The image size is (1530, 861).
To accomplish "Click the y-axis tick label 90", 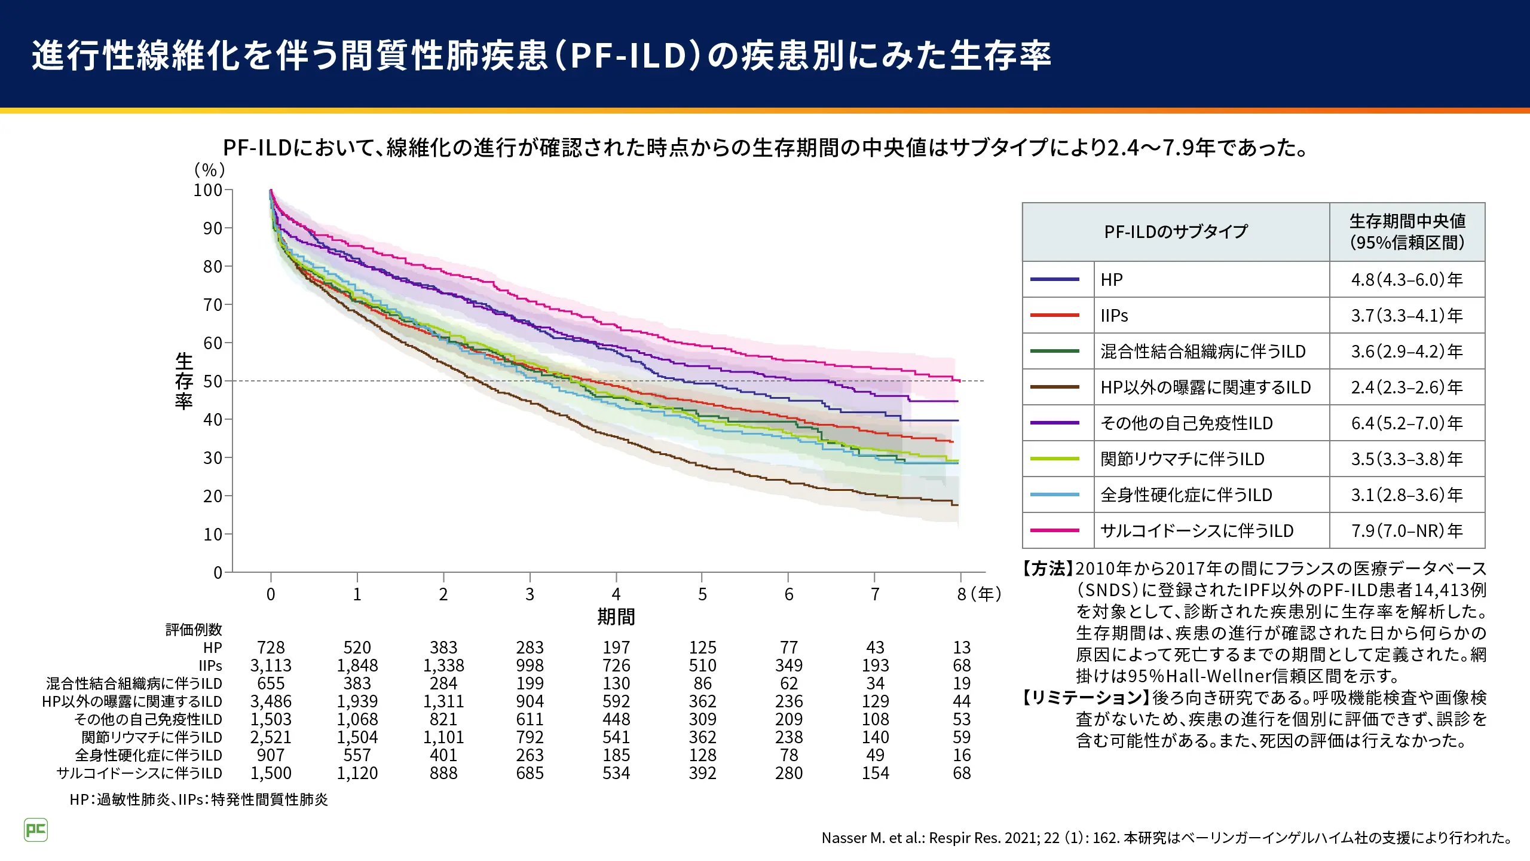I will click(212, 228).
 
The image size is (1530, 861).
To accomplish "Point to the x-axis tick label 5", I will click(702, 594).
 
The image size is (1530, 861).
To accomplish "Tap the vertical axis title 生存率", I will click(184, 380).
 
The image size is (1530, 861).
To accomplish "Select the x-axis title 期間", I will click(616, 616).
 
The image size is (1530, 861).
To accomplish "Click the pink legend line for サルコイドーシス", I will click(1055, 530).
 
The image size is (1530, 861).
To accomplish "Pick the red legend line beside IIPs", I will click(1055, 315).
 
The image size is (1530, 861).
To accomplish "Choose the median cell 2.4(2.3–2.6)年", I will click(1407, 387).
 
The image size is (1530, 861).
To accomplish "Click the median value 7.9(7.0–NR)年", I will click(1407, 531).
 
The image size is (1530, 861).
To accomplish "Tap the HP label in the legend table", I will click(1112, 280).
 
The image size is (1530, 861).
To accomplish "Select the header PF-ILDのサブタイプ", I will click(1176, 232).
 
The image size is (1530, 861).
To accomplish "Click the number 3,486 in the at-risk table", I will click(271, 701).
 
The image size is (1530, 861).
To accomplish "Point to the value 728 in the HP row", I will click(271, 648).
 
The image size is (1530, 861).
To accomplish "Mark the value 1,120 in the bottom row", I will click(357, 773).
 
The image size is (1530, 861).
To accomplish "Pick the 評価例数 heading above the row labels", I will click(194, 630).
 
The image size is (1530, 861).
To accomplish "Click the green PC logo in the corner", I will click(36, 830).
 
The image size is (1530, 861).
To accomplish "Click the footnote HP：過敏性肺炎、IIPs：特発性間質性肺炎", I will click(198, 799).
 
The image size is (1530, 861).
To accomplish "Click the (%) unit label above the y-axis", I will click(210, 170).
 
